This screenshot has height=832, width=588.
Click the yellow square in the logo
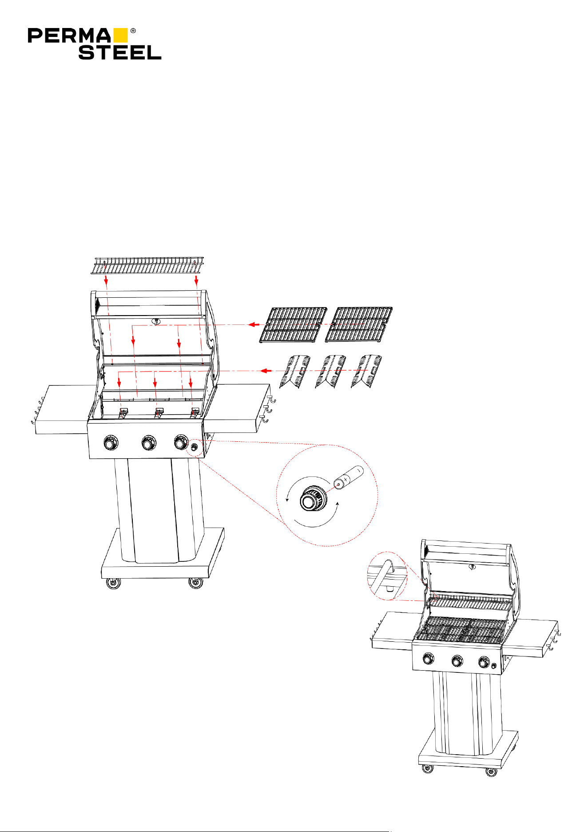(x=120, y=36)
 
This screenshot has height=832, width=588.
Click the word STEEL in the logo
(x=120, y=52)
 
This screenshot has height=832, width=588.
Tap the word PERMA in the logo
(x=69, y=36)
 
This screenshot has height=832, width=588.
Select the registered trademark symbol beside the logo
(x=133, y=31)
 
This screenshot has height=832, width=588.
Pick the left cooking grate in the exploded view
(x=294, y=325)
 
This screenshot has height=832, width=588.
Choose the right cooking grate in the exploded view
(x=359, y=325)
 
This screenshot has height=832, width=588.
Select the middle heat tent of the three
(x=330, y=371)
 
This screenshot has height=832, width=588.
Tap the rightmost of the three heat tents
(x=366, y=371)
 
